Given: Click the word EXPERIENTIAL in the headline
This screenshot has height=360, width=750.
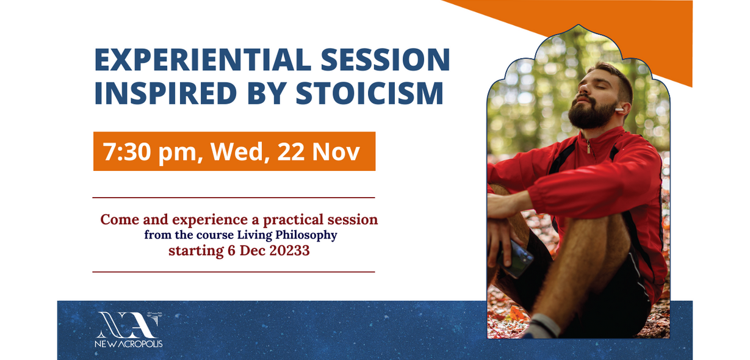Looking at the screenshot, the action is (203, 60).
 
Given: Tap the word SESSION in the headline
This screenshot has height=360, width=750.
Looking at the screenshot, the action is (386, 60).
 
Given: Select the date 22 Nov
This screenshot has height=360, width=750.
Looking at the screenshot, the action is (319, 152).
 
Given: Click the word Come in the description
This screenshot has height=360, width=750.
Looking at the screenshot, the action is (120, 220).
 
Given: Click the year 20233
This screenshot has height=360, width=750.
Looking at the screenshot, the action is (289, 251).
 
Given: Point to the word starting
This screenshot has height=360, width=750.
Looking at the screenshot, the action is (197, 251).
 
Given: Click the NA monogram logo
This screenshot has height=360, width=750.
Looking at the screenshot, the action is (129, 325).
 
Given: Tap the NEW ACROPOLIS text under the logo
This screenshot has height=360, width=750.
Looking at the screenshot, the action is (129, 344).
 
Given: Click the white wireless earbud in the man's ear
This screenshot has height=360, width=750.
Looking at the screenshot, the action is (619, 109).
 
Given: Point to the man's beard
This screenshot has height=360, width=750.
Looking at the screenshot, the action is (591, 114).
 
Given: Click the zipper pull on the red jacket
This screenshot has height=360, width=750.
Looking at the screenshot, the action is (589, 146).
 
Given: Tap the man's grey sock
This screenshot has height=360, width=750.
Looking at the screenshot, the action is (543, 326).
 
